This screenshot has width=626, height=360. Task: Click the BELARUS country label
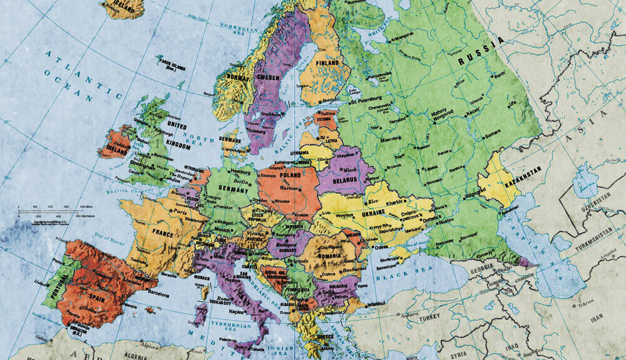pos(345,180)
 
